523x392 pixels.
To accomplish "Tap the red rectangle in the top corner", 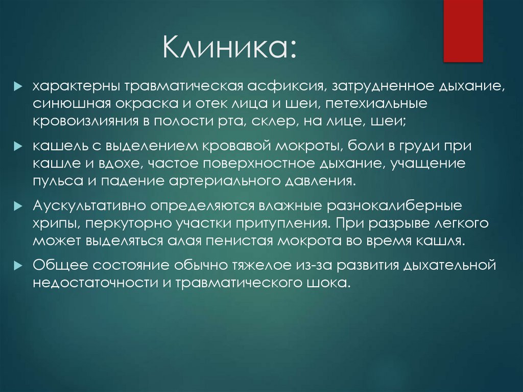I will [463, 31].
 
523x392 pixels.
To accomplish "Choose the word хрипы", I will [56, 224].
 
